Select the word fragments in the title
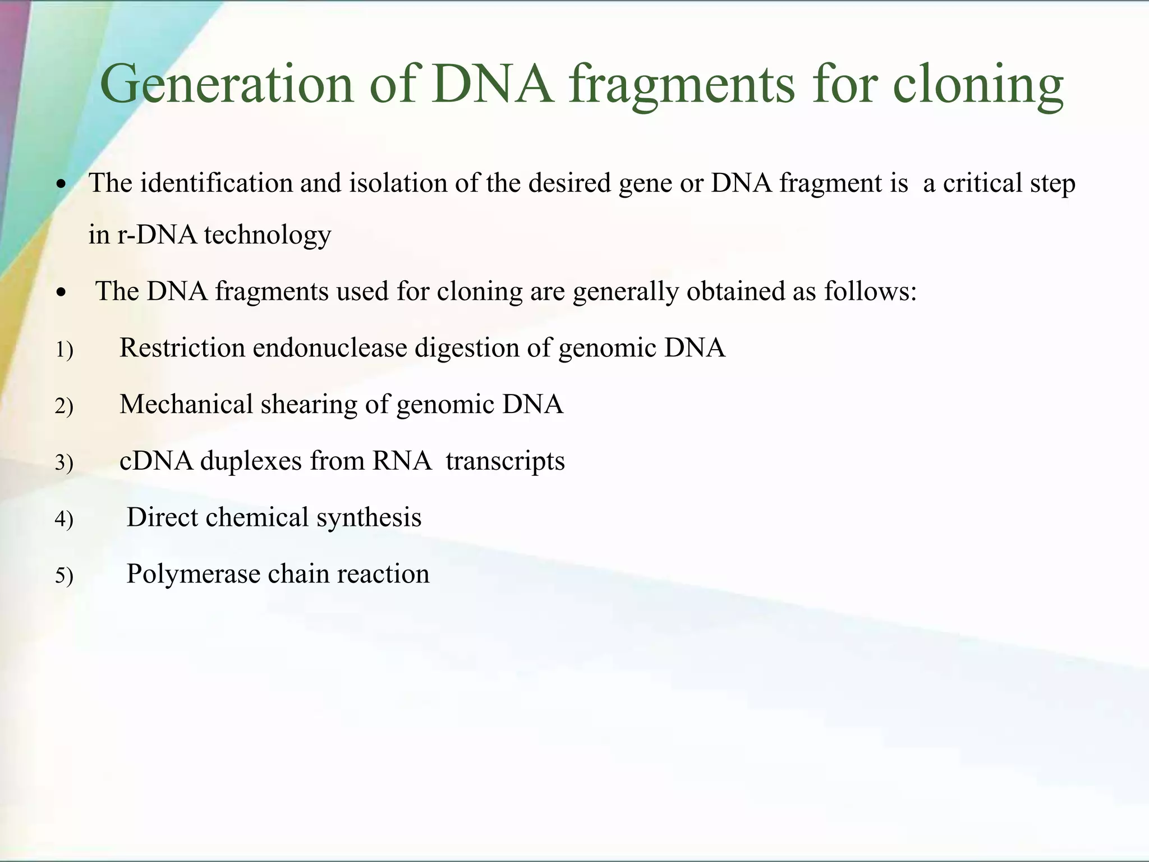pos(682,84)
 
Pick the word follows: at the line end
pos(870,291)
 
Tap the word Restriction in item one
pos(182,348)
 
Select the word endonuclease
pos(330,348)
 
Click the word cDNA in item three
pos(157,461)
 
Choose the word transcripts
pos(505,461)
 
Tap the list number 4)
pos(64,520)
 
